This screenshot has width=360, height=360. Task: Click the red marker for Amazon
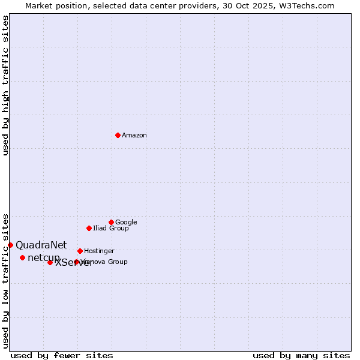click(x=118, y=135)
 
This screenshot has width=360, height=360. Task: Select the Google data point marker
click(x=111, y=222)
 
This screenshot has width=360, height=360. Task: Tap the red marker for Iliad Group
click(x=89, y=228)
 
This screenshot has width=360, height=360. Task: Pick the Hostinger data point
click(x=80, y=251)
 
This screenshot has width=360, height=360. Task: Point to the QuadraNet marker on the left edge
click(x=10, y=245)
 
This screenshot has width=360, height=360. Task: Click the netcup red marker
click(x=22, y=257)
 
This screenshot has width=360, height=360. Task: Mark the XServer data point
click(x=50, y=262)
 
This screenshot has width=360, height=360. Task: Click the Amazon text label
click(x=134, y=136)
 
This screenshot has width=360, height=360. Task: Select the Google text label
click(x=126, y=223)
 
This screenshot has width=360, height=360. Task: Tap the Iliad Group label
click(x=111, y=229)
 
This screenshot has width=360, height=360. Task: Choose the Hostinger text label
click(x=99, y=251)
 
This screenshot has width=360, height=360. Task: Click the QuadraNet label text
click(x=41, y=245)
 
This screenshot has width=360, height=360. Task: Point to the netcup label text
click(x=43, y=258)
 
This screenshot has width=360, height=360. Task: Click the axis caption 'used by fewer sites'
click(x=62, y=356)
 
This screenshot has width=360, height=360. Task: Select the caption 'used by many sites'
click(x=301, y=356)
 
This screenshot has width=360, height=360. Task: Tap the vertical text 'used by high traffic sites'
click(x=5, y=85)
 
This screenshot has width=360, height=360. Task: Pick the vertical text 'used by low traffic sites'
click(x=5, y=280)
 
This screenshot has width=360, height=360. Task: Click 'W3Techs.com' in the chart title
click(x=311, y=5)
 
